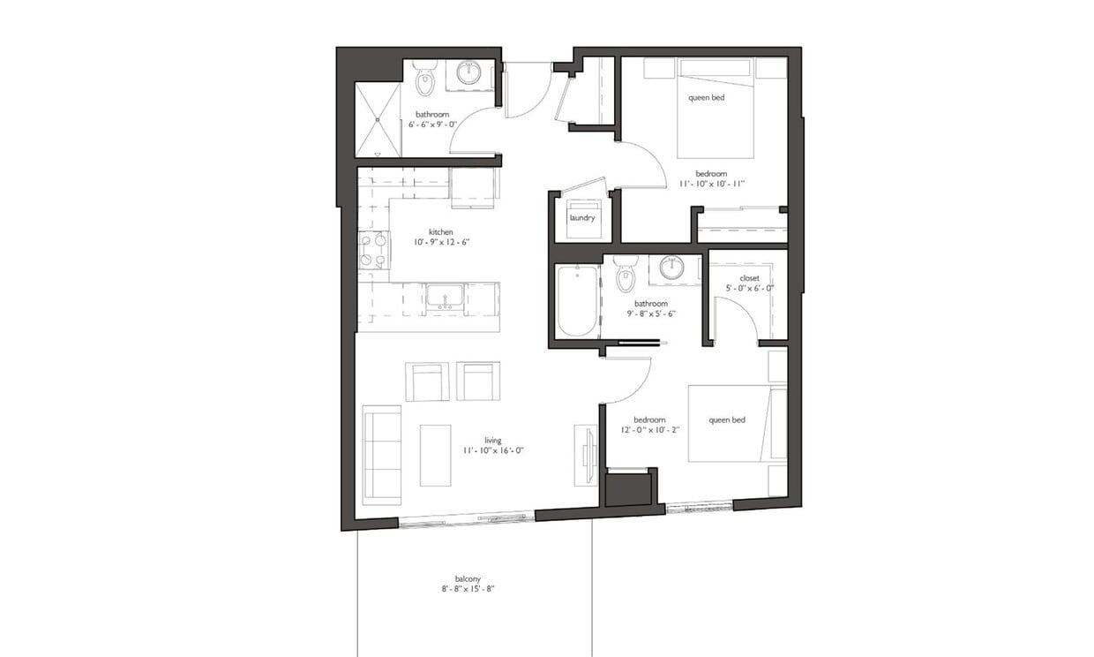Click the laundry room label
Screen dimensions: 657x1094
pyautogui.click(x=581, y=218)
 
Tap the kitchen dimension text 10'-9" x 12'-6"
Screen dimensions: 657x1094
pyautogui.click(x=441, y=241)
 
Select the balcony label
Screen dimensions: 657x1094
pyautogui.click(x=467, y=579)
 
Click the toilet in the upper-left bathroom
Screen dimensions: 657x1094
pyautogui.click(x=425, y=79)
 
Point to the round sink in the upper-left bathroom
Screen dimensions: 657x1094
pyautogui.click(x=468, y=73)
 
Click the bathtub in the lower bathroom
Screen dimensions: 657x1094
pyautogui.click(x=577, y=302)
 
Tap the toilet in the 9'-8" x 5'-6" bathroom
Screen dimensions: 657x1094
pyautogui.click(x=626, y=274)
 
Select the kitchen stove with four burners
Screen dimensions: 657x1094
pyautogui.click(x=374, y=250)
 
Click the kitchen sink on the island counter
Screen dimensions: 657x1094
pyautogui.click(x=440, y=296)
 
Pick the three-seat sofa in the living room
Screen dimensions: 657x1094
pyautogui.click(x=382, y=455)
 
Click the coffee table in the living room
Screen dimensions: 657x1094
pyautogui.click(x=435, y=455)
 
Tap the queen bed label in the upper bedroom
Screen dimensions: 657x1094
pyautogui.click(x=706, y=97)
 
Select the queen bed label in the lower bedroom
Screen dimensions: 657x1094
pyautogui.click(x=727, y=420)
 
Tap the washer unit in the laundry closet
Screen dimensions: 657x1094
pyautogui.click(x=583, y=220)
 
